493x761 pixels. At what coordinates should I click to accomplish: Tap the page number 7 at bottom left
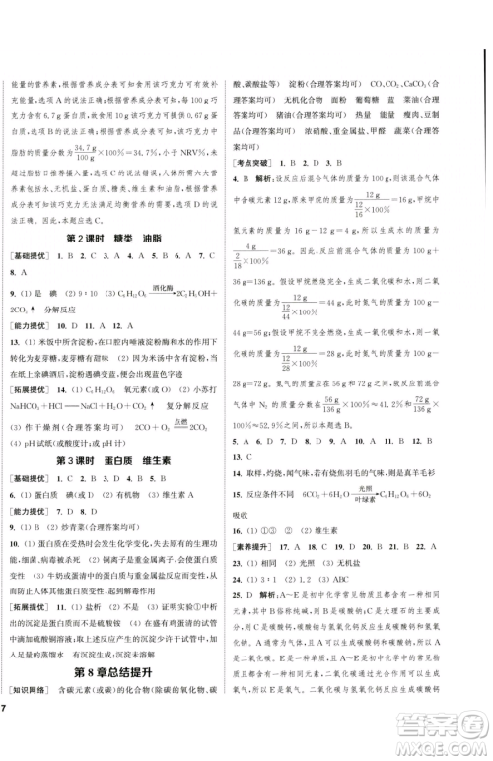coord(6,738)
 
